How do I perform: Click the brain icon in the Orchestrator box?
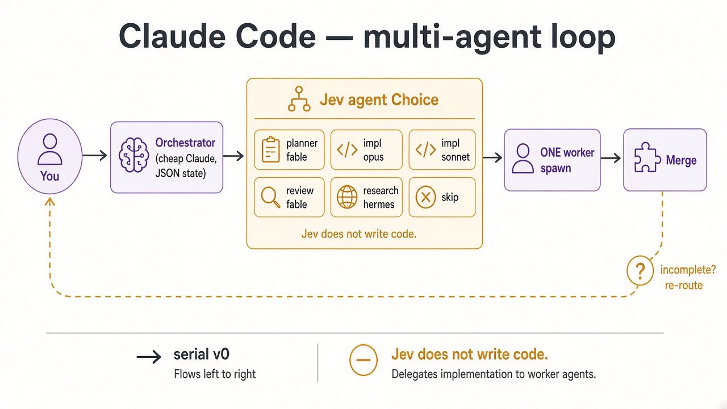133,155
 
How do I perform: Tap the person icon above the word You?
49,149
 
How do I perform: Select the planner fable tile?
289,149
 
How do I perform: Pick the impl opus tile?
366,149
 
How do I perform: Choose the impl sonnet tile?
442,149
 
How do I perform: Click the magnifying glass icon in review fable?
270,197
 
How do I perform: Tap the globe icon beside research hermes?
347,197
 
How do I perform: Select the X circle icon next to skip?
425,197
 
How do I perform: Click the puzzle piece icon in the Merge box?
647,157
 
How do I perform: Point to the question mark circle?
640,270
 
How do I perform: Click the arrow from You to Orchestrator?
94,156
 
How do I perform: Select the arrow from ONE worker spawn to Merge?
611,158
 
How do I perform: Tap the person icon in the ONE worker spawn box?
523,158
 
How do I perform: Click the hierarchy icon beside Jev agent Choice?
299,99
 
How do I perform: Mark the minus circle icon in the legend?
363,360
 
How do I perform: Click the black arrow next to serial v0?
149,357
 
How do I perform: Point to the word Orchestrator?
185,143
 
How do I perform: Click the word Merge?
681,160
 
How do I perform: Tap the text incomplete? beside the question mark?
688,269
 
